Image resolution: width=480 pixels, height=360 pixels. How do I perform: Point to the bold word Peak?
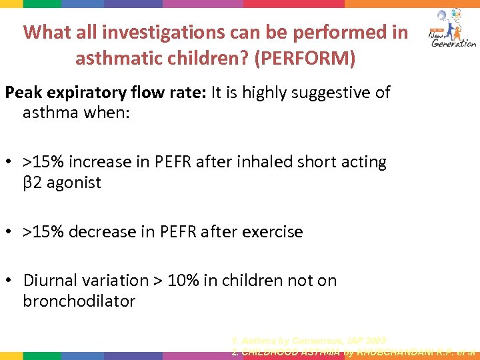tap(25, 92)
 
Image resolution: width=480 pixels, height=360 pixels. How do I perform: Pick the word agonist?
tap(73, 183)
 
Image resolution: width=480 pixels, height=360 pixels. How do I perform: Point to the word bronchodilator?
tap(79, 301)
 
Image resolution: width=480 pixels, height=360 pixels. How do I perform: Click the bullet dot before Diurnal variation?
tap(10, 281)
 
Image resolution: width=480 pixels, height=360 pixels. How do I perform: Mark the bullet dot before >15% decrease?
tap(10, 232)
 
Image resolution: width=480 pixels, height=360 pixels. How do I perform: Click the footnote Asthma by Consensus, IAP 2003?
tap(309, 341)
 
